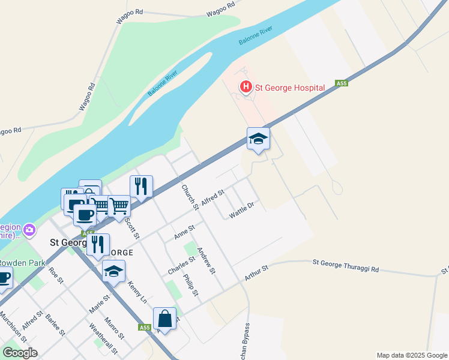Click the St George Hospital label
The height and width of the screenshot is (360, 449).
[x=290, y=88]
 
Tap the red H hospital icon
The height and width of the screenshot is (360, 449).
[x=246, y=88]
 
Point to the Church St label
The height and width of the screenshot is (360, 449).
[x=190, y=197]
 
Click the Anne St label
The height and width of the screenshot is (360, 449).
[x=184, y=233]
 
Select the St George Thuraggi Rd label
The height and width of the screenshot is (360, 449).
[x=346, y=266]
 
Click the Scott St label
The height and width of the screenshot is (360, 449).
[x=131, y=227]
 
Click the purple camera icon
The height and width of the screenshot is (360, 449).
[x=29, y=229]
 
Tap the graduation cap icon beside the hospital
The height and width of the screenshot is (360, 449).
[x=258, y=139]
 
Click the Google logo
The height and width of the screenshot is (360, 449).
[x=20, y=352]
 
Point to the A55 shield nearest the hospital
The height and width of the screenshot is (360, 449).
[x=342, y=83]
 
